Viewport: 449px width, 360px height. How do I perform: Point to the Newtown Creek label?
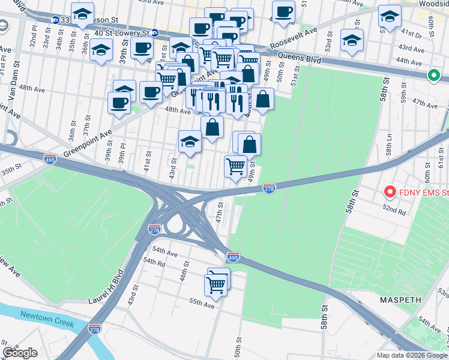(47, 319)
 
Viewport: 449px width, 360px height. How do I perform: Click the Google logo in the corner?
(20, 353)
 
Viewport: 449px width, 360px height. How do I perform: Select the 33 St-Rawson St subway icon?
(55, 20)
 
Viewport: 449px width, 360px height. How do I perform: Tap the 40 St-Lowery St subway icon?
(154, 33)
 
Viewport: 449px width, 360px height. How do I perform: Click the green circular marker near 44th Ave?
(433, 76)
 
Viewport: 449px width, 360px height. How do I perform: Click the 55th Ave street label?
(202, 304)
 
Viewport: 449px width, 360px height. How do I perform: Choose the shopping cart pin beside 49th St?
(235, 166)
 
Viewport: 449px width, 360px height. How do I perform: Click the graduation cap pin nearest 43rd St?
(190, 142)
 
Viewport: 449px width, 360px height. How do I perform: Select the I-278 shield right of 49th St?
(270, 189)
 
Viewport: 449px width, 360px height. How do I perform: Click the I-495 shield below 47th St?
(233, 257)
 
